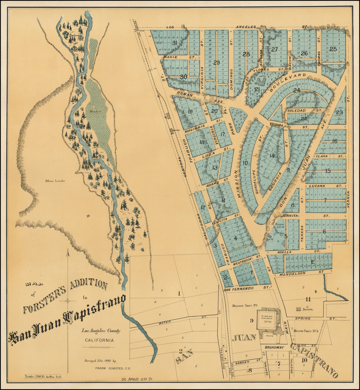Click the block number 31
[x=175, y=43]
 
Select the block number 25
[x=333, y=49]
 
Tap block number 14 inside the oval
[x=272, y=155]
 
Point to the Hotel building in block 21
[x=261, y=81]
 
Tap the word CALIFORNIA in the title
[x=99, y=340]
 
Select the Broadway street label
[x=274, y=347]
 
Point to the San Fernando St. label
[x=246, y=288]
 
